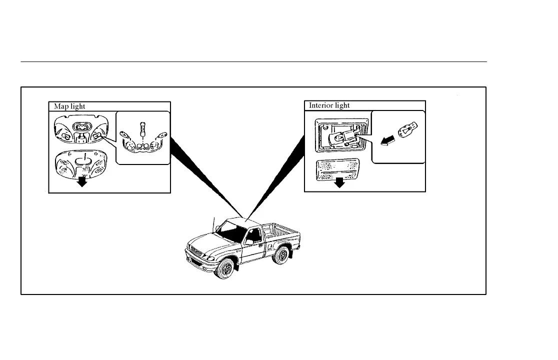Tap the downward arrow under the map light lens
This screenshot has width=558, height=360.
(82, 180)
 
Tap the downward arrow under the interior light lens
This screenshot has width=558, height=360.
(340, 181)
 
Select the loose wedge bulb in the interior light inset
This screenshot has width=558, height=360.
(406, 130)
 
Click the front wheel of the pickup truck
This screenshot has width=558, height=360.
(227, 269)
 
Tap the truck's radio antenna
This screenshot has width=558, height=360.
(214, 225)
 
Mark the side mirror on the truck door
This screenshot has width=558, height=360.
(248, 242)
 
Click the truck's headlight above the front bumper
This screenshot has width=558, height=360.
(210, 258)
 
